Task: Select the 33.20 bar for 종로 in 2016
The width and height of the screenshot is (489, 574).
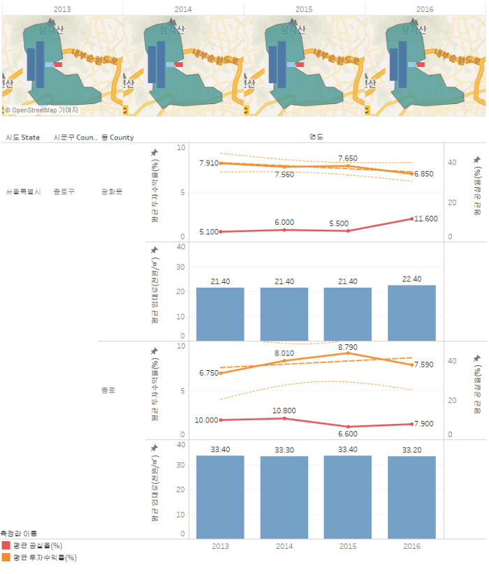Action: [411, 496]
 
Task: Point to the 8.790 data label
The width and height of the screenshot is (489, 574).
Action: [347, 347]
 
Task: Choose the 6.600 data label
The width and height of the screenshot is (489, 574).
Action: [347, 433]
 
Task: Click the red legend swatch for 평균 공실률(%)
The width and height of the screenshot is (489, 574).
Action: [6, 545]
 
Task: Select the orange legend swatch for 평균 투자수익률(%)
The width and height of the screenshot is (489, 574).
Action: [6, 557]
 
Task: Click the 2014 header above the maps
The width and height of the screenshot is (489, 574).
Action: [183, 8]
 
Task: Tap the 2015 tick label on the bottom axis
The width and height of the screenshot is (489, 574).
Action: [347, 547]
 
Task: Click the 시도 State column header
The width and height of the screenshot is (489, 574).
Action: [23, 138]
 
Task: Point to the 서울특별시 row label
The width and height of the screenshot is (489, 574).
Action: [23, 191]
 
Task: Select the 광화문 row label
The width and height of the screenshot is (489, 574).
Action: [112, 191]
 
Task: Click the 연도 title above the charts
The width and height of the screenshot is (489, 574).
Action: [316, 138]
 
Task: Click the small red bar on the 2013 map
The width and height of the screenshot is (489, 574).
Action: [57, 64]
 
